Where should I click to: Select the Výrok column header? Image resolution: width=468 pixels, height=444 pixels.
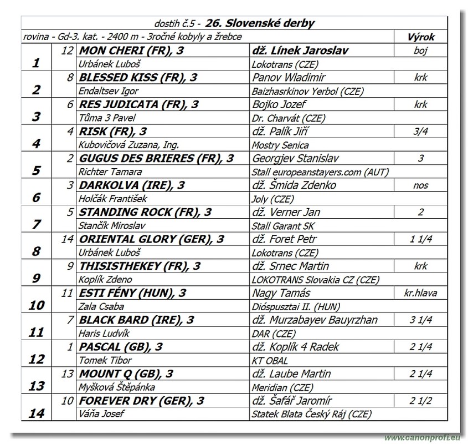[x=421, y=38]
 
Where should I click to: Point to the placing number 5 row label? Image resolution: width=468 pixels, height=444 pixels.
[x=36, y=170]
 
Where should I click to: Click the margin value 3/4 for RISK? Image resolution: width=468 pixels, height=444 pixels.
[x=421, y=132]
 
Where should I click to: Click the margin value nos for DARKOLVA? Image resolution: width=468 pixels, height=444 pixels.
[x=421, y=185]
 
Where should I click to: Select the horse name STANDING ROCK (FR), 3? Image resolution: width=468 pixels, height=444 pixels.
[x=145, y=212]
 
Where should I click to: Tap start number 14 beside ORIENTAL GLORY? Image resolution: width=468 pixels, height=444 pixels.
[x=68, y=239]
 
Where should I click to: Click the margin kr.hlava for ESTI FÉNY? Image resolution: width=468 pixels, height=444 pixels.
[x=421, y=293]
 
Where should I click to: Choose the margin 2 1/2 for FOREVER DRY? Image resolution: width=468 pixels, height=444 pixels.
[x=421, y=401]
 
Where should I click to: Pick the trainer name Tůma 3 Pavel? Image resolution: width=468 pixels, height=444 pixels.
[x=107, y=118]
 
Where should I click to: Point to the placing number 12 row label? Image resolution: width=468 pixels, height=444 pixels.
[x=36, y=359]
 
